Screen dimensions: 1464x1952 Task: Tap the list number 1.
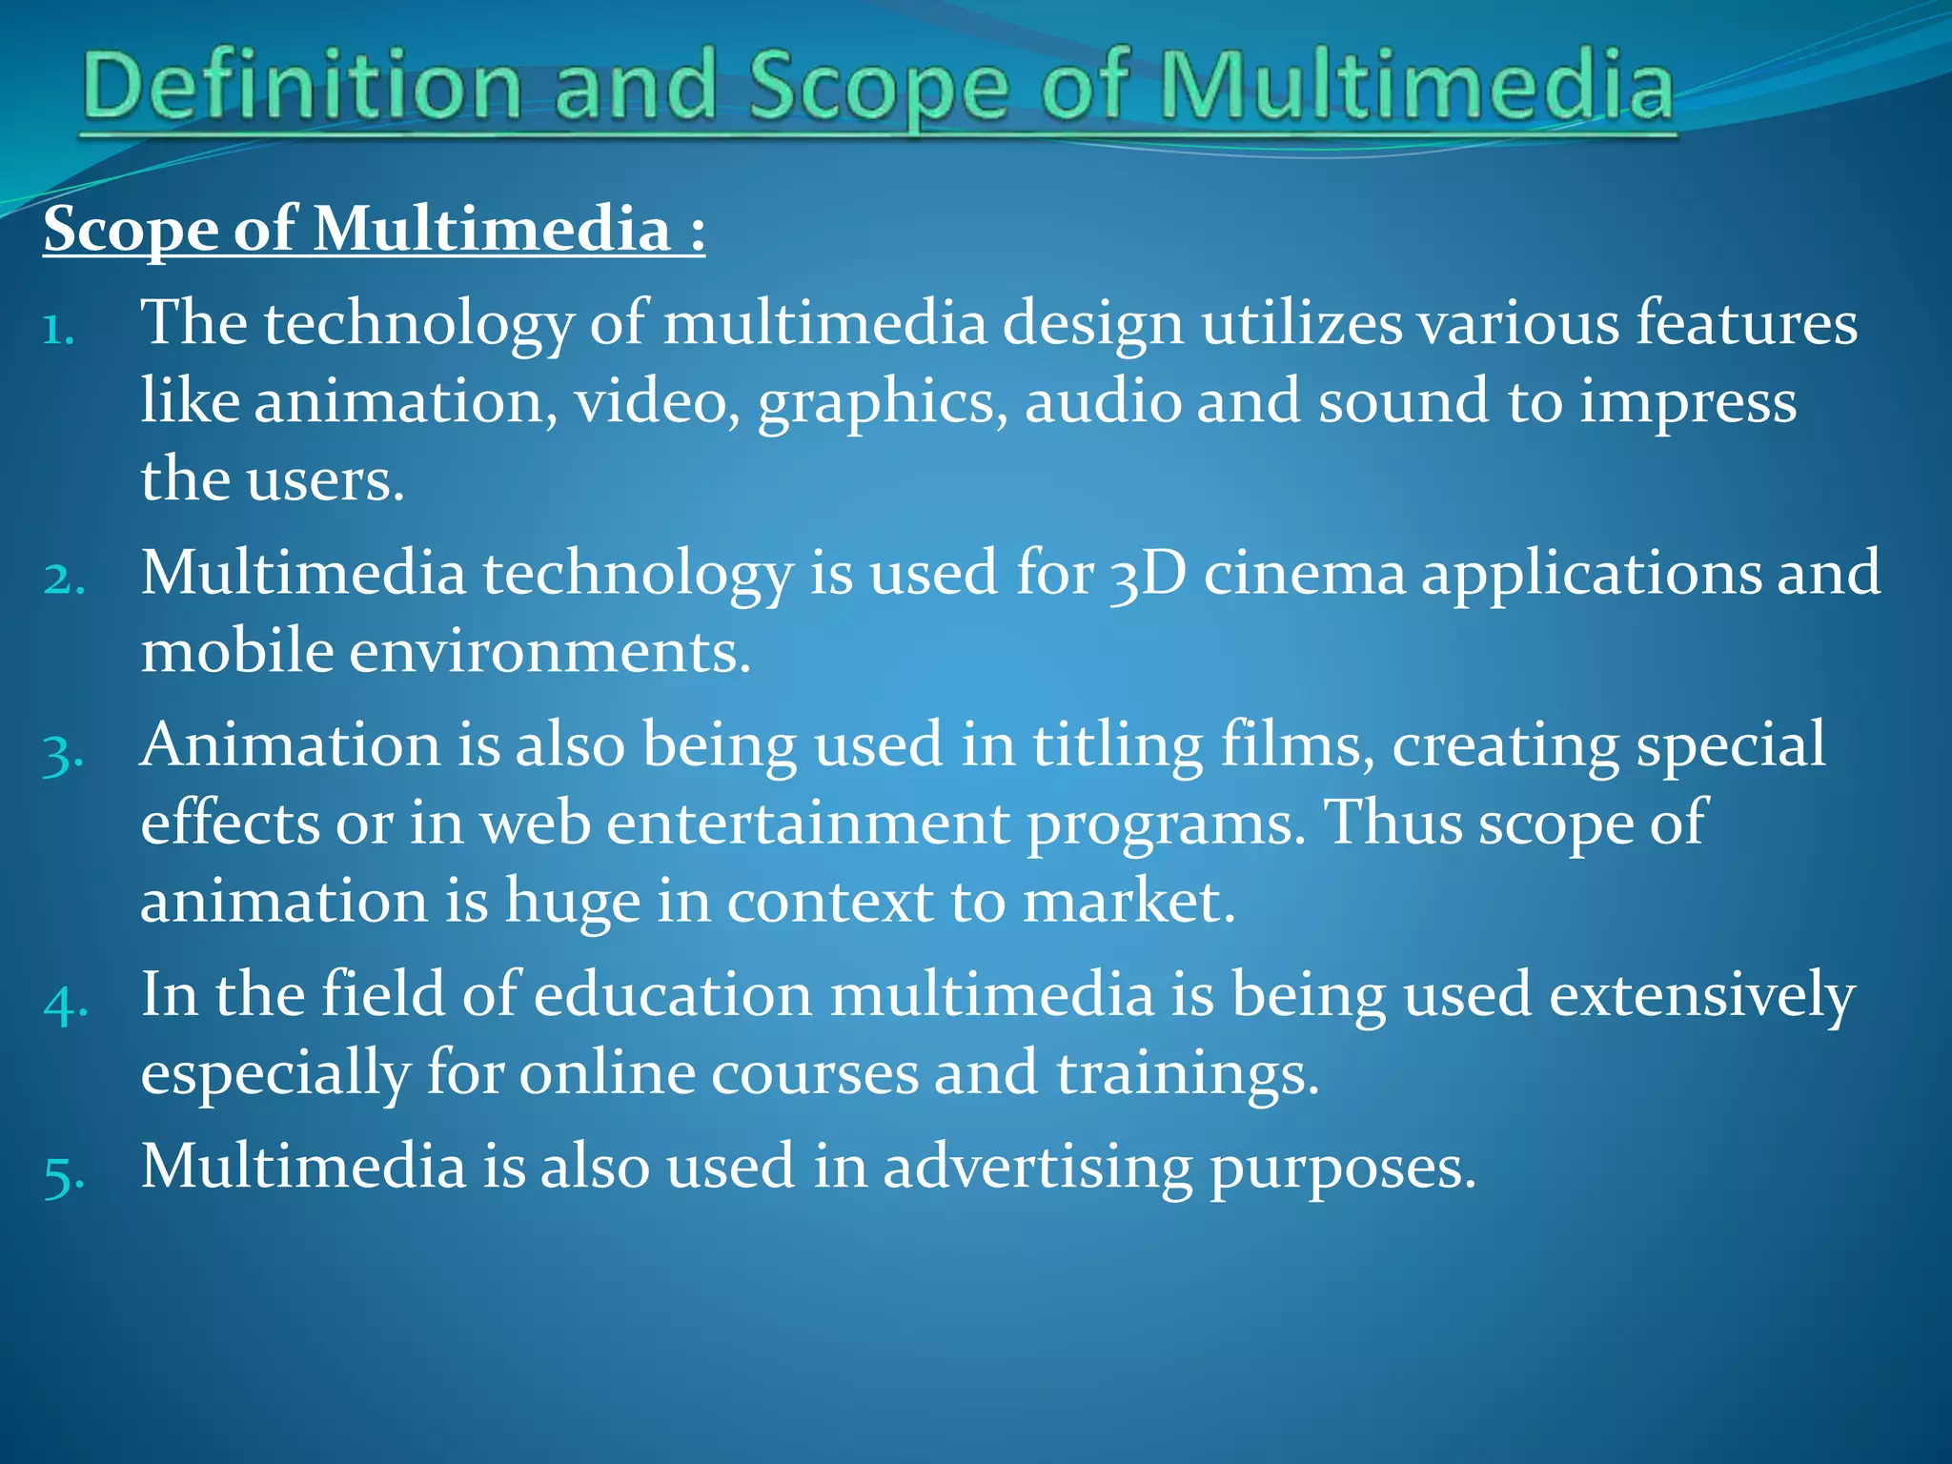(58, 330)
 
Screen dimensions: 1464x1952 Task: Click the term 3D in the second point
(1148, 575)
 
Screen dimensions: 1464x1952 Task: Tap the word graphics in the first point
(882, 403)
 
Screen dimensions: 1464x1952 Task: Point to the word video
(656, 401)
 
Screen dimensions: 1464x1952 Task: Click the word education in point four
(672, 995)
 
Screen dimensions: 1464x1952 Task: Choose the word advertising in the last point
(1037, 1167)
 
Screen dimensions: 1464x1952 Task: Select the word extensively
(1701, 997)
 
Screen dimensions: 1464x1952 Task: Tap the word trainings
(1187, 1075)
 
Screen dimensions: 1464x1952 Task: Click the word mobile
(237, 652)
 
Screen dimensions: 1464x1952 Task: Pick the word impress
(1688, 403)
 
